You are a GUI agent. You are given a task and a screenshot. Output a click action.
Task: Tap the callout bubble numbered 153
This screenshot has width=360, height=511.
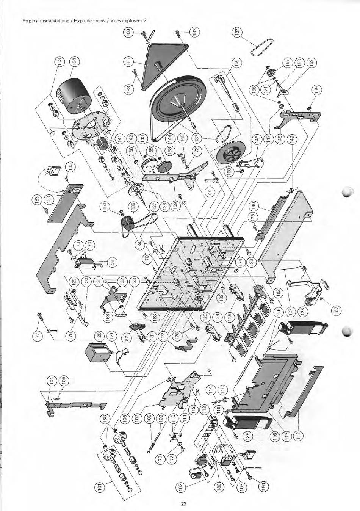(59, 62)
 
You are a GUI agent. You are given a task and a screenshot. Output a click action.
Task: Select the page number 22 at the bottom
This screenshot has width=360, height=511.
(184, 504)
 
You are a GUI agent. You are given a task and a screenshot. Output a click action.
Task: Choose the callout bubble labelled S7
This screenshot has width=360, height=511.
(128, 337)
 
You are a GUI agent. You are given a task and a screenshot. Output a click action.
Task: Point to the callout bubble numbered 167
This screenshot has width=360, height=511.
(336, 309)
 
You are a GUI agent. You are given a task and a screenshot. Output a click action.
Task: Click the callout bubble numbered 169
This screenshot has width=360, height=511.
(316, 90)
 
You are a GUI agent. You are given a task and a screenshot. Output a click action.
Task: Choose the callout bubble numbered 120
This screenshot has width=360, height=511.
(99, 335)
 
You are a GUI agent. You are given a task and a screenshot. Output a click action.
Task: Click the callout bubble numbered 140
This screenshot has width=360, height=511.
(253, 206)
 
